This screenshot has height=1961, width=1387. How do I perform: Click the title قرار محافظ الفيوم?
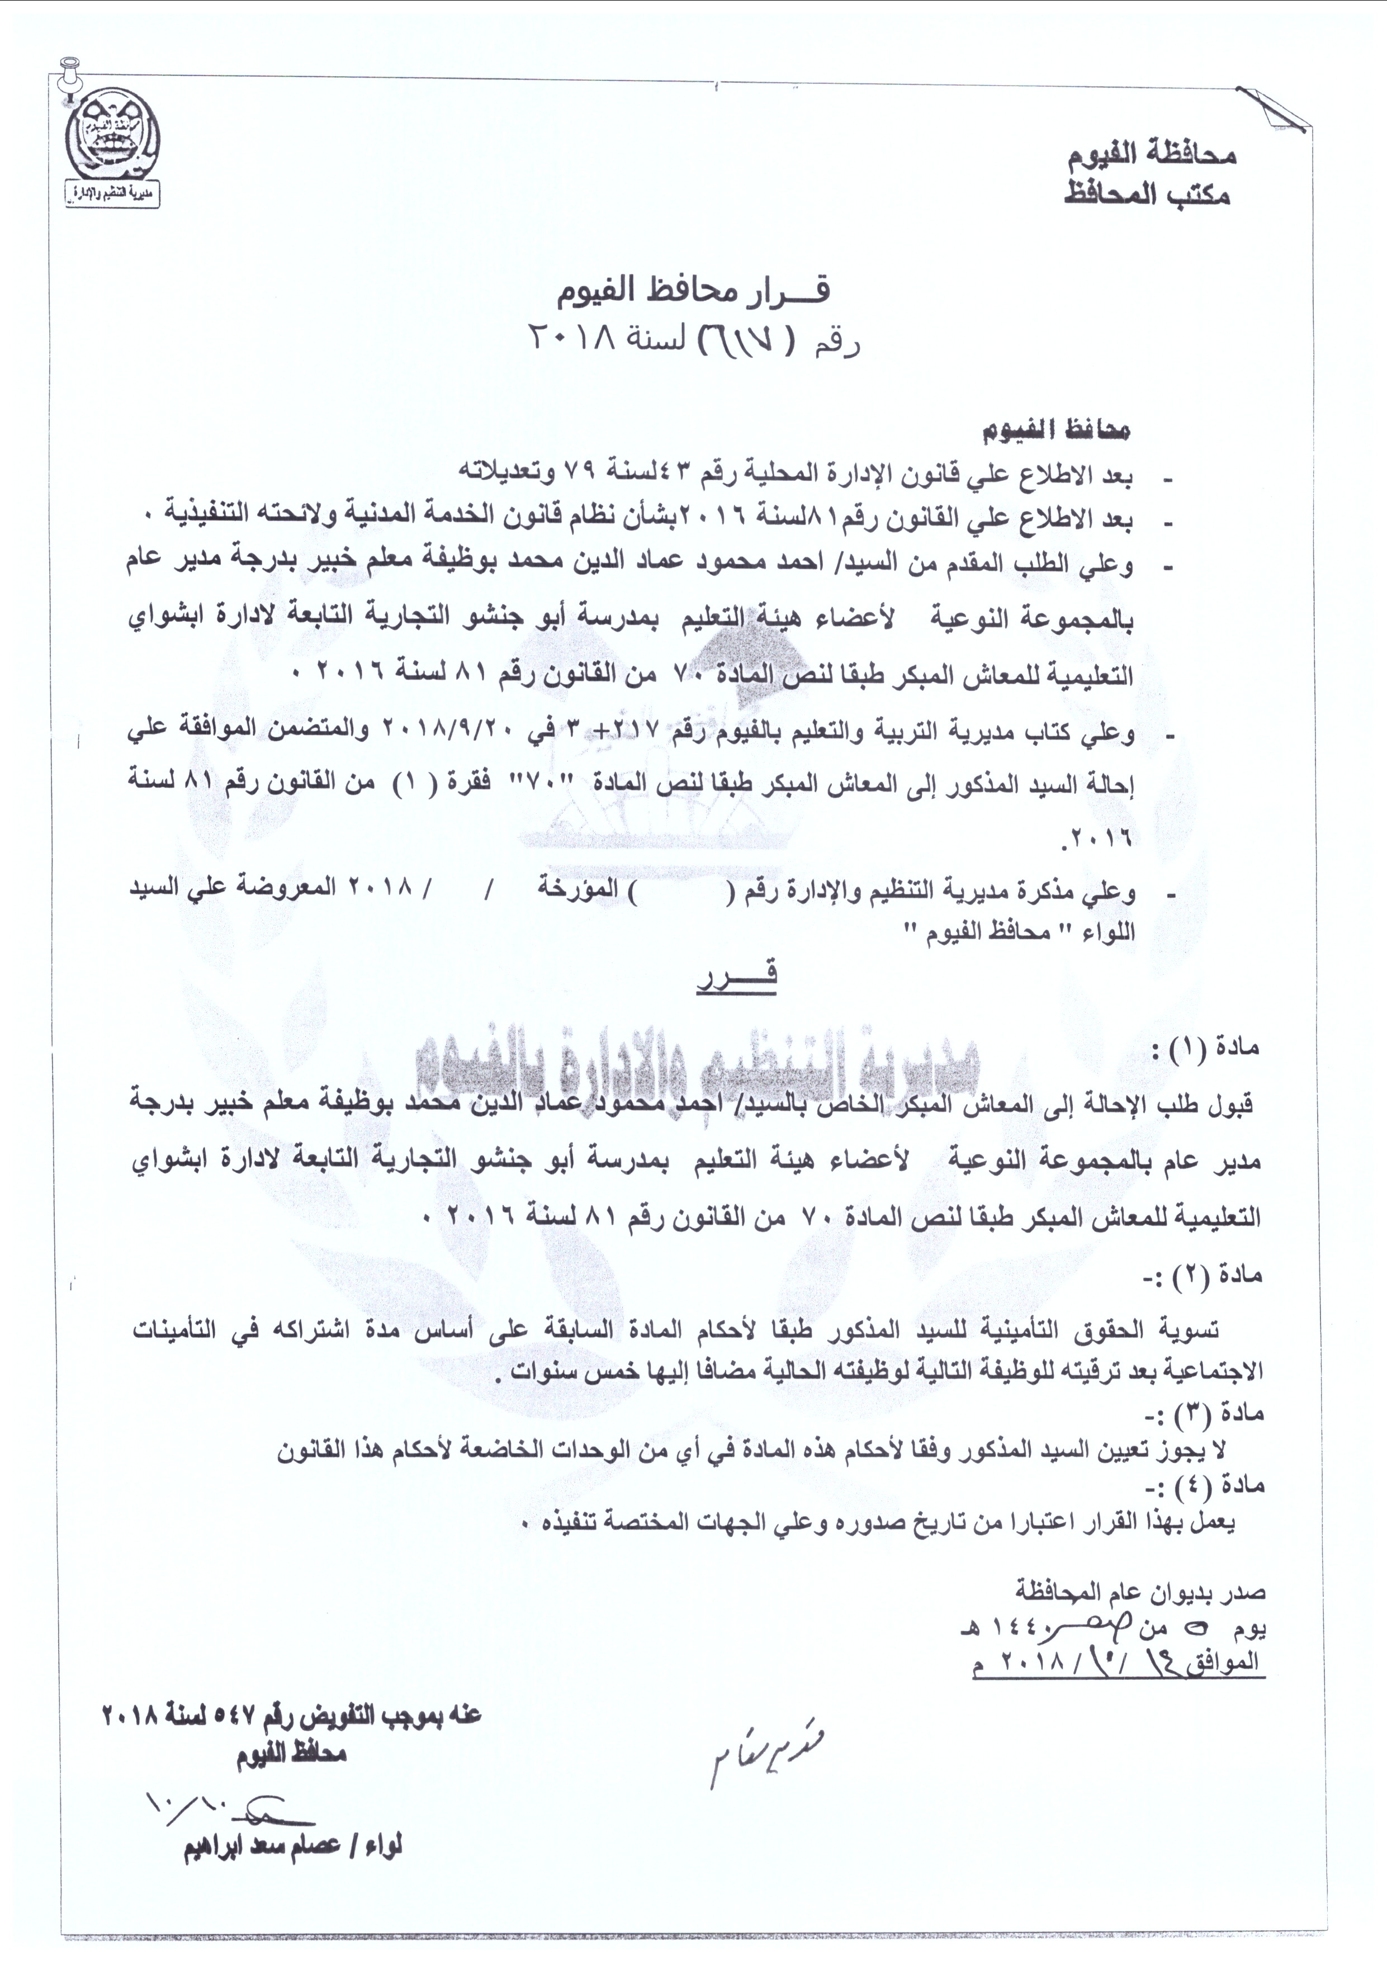coord(693,292)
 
